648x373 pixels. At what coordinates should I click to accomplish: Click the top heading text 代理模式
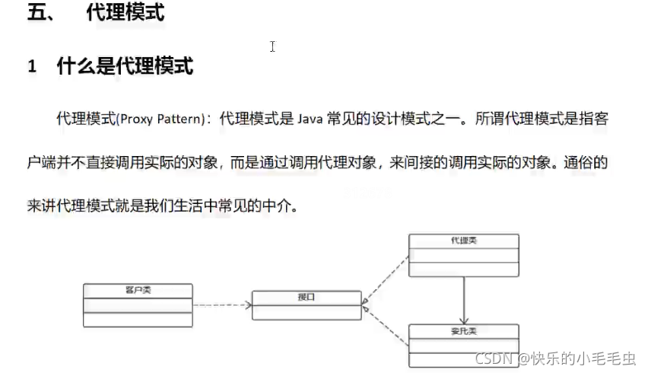coord(125,14)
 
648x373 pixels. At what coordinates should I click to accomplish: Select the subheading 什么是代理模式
coord(125,66)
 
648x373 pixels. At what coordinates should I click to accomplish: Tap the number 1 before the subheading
coord(32,67)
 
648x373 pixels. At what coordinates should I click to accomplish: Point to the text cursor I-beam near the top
coord(272,46)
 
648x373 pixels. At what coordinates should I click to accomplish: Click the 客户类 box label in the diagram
coord(138,290)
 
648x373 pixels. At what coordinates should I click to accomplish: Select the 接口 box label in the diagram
coord(307,297)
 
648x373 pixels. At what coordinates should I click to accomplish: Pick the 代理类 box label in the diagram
coord(464,241)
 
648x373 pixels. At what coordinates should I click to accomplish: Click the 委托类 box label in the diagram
coord(464,331)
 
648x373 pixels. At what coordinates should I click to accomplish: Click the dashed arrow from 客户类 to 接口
coord(222,305)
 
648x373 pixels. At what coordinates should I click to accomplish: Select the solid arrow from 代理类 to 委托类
coord(464,299)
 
